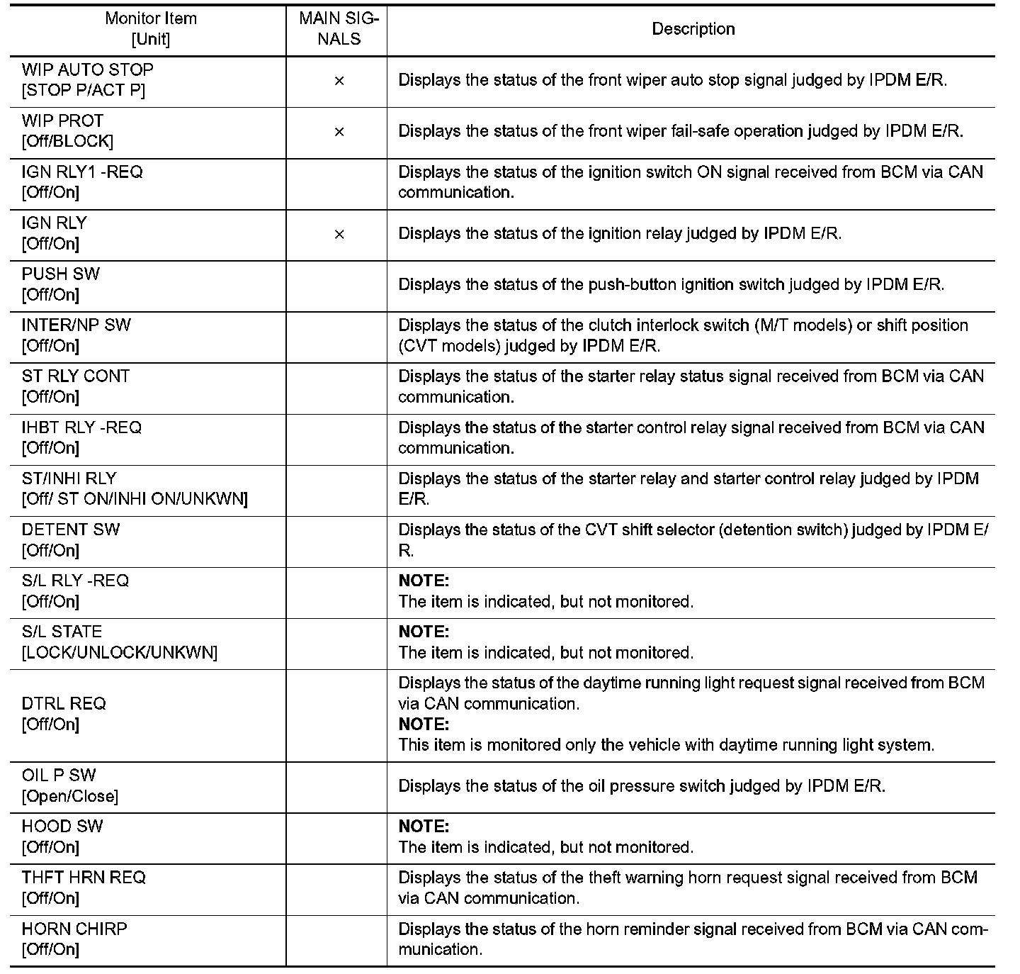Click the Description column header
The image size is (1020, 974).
click(x=693, y=29)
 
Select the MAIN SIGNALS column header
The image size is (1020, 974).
click(x=339, y=29)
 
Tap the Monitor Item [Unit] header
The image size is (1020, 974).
click(x=150, y=29)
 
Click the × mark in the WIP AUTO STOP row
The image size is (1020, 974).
click(x=339, y=81)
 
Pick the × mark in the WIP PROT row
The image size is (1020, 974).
click(x=339, y=132)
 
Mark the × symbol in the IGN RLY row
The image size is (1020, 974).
click(x=339, y=234)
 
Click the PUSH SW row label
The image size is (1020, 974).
click(x=61, y=274)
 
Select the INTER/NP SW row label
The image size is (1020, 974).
click(x=76, y=325)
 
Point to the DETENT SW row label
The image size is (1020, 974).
click(x=71, y=530)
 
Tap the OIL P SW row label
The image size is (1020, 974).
click(x=59, y=775)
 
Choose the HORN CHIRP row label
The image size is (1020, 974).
click(x=74, y=929)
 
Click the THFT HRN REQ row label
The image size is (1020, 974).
click(x=84, y=878)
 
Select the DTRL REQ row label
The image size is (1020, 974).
click(x=64, y=703)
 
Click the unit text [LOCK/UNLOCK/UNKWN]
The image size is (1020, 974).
click(x=120, y=652)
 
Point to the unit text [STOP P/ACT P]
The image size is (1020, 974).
click(x=84, y=91)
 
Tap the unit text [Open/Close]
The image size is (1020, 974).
click(x=70, y=796)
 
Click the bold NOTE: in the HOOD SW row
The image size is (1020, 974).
click(x=424, y=827)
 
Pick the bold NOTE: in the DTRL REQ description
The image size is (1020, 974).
click(x=424, y=724)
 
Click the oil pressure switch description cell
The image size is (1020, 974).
click(x=642, y=786)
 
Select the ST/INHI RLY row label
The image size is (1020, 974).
click(x=69, y=478)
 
